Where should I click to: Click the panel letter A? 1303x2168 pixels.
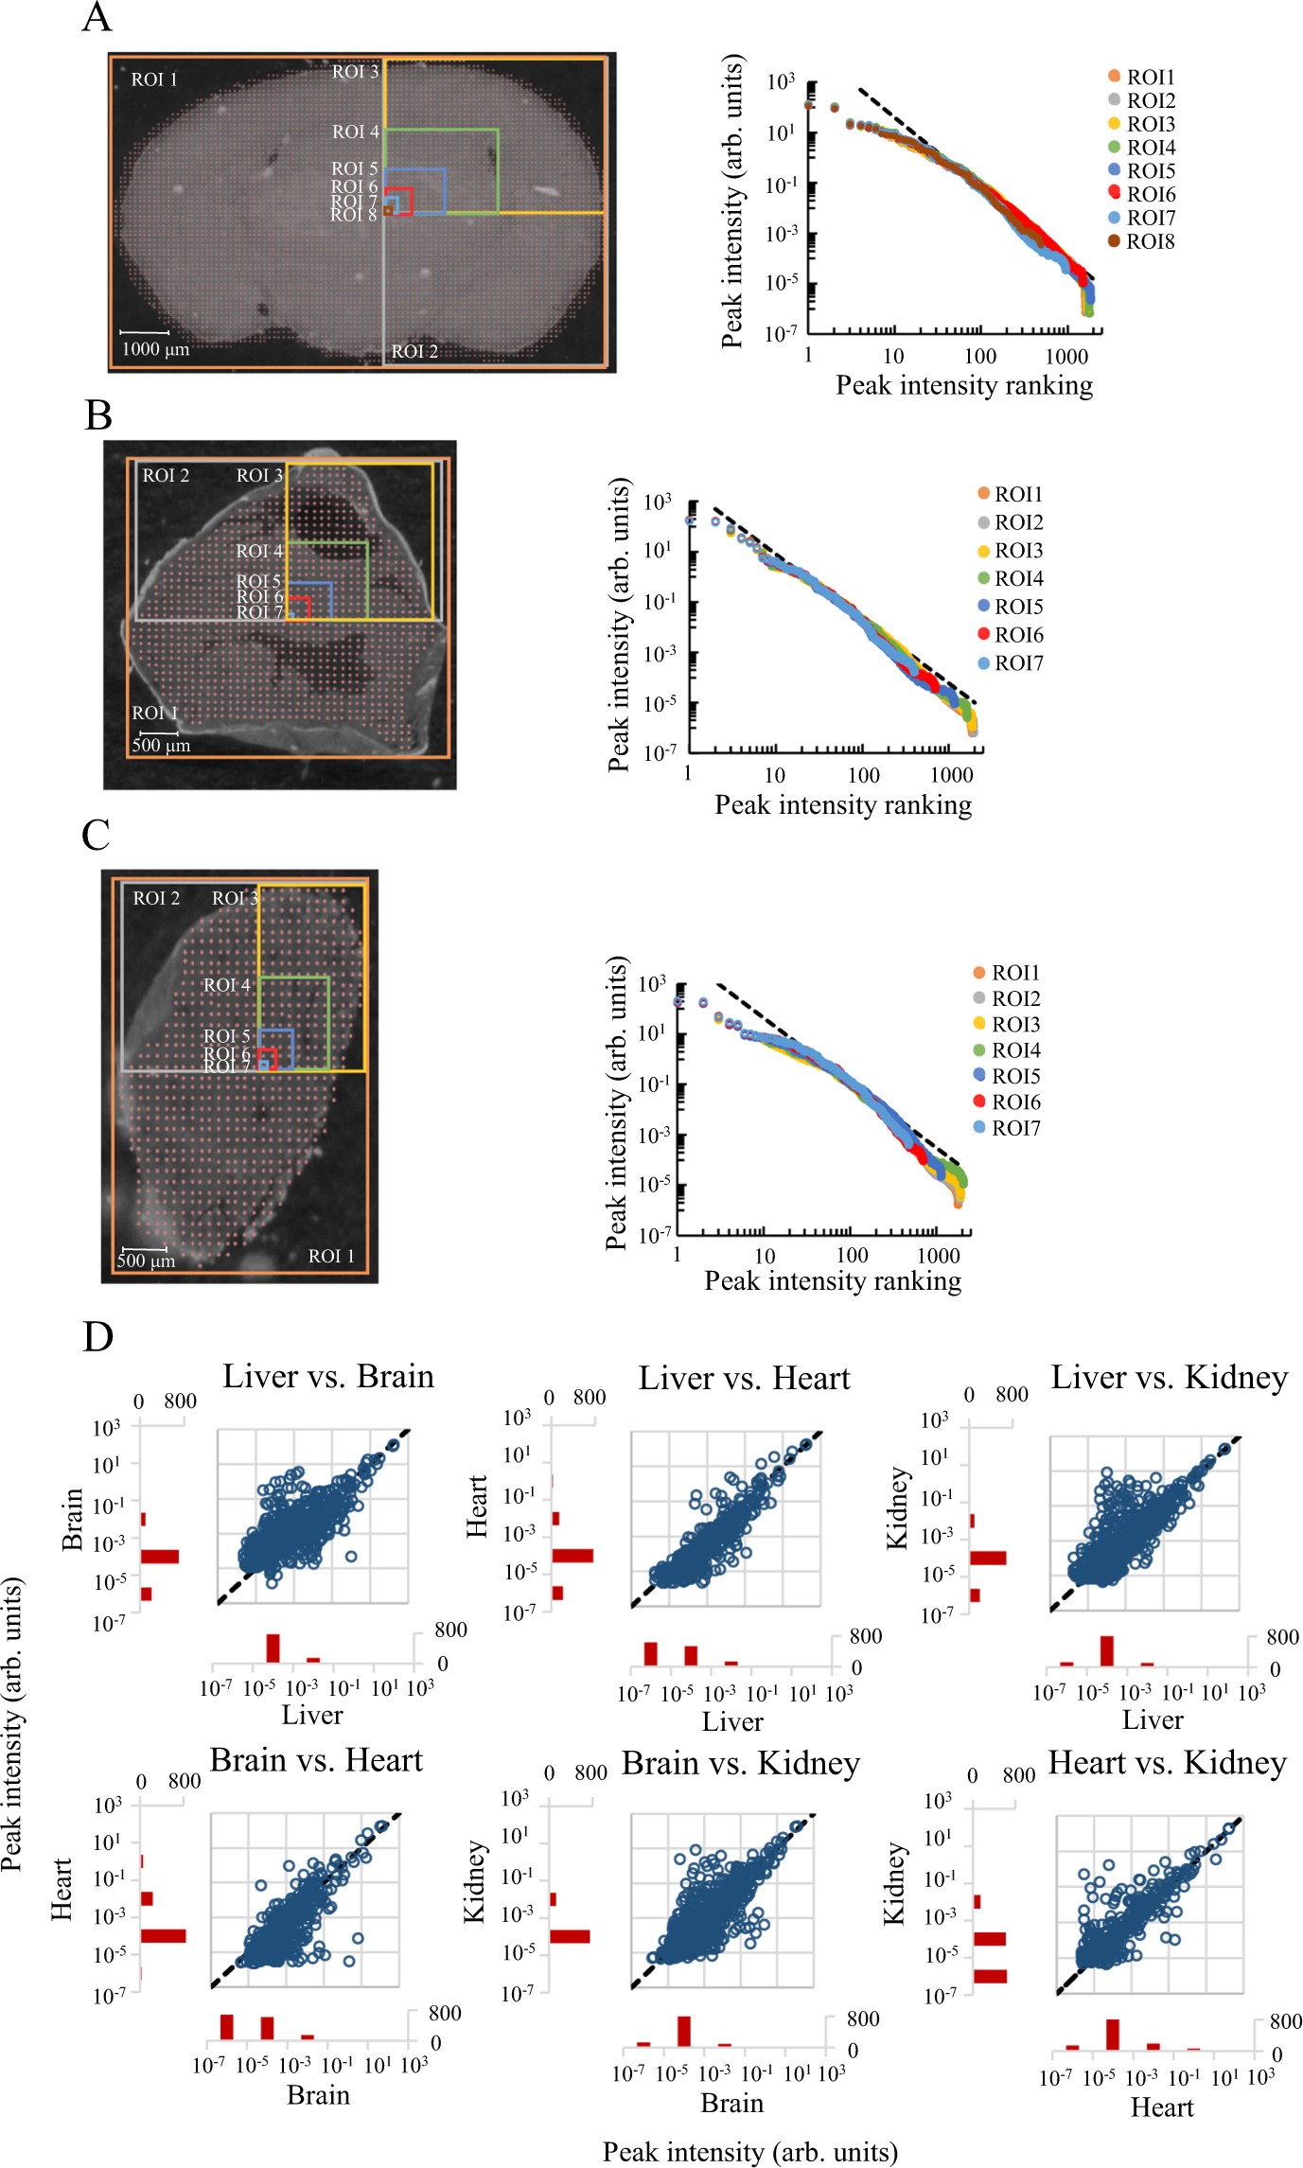(97, 17)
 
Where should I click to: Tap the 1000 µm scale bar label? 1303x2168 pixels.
(155, 349)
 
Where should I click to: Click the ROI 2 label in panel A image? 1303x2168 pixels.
(414, 351)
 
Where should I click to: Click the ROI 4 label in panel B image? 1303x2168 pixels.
(259, 551)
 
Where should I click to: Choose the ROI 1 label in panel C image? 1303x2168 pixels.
(331, 1256)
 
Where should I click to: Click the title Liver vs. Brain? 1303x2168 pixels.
(328, 1376)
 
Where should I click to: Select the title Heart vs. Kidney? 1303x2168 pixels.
(1167, 1763)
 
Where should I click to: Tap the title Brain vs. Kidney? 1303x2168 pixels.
(741, 1764)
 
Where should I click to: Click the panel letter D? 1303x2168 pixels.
(97, 1336)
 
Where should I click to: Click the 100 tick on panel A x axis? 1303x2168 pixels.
(979, 356)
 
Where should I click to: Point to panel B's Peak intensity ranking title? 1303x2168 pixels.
(842, 804)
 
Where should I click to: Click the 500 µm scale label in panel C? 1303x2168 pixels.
(146, 1260)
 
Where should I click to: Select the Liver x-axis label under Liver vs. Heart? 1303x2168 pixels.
(732, 1721)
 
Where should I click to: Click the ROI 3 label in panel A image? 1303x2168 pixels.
(355, 72)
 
